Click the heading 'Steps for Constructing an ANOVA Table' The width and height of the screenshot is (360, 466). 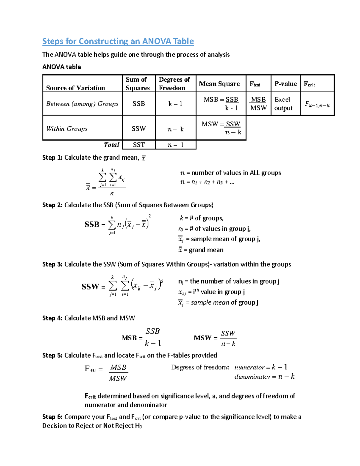coord(118,41)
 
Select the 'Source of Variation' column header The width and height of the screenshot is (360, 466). coord(76,88)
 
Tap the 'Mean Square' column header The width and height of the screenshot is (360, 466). coord(219,84)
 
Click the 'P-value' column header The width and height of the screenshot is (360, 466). coord(286,84)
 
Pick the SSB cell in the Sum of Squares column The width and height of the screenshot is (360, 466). coord(139,104)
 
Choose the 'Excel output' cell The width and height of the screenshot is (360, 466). coord(283,104)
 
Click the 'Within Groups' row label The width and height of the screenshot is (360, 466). coord(67,129)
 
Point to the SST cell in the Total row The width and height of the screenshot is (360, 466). coord(139,145)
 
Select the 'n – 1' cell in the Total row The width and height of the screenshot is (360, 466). coord(175,145)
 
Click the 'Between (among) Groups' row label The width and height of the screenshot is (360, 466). coord(82,104)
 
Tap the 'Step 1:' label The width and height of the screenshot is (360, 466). coord(52,158)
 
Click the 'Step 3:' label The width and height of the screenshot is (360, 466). coord(52,264)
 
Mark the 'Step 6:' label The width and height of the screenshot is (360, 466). coord(52,417)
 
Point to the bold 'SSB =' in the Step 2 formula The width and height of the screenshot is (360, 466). coord(95,224)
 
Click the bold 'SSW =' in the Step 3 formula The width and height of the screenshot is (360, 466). coord(93,287)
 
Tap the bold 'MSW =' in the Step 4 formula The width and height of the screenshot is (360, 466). coord(205,338)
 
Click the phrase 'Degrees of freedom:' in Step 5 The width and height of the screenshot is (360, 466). coord(200,367)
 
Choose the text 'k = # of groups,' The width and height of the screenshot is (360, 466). coord(202,218)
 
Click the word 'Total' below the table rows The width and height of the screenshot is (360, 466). coord(111,145)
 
